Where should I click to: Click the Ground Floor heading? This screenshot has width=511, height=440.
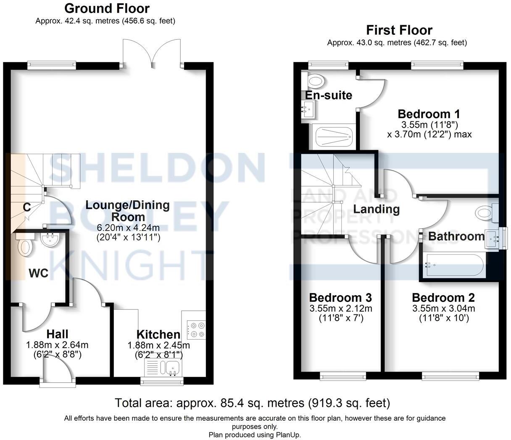click(x=107, y=8)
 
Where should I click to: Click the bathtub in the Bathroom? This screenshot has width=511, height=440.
click(x=453, y=265)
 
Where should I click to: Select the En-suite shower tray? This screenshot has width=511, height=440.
click(x=334, y=137)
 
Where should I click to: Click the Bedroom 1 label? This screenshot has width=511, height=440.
click(x=429, y=114)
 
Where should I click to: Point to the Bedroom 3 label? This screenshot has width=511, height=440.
click(x=340, y=298)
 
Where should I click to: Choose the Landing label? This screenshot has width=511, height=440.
click(x=376, y=209)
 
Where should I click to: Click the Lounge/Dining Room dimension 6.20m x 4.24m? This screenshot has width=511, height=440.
click(x=128, y=228)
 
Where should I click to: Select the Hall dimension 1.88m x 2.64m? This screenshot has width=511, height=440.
click(x=57, y=345)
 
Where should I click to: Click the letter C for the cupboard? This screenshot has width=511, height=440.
click(x=26, y=207)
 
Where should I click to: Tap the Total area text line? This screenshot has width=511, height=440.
click(x=252, y=403)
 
